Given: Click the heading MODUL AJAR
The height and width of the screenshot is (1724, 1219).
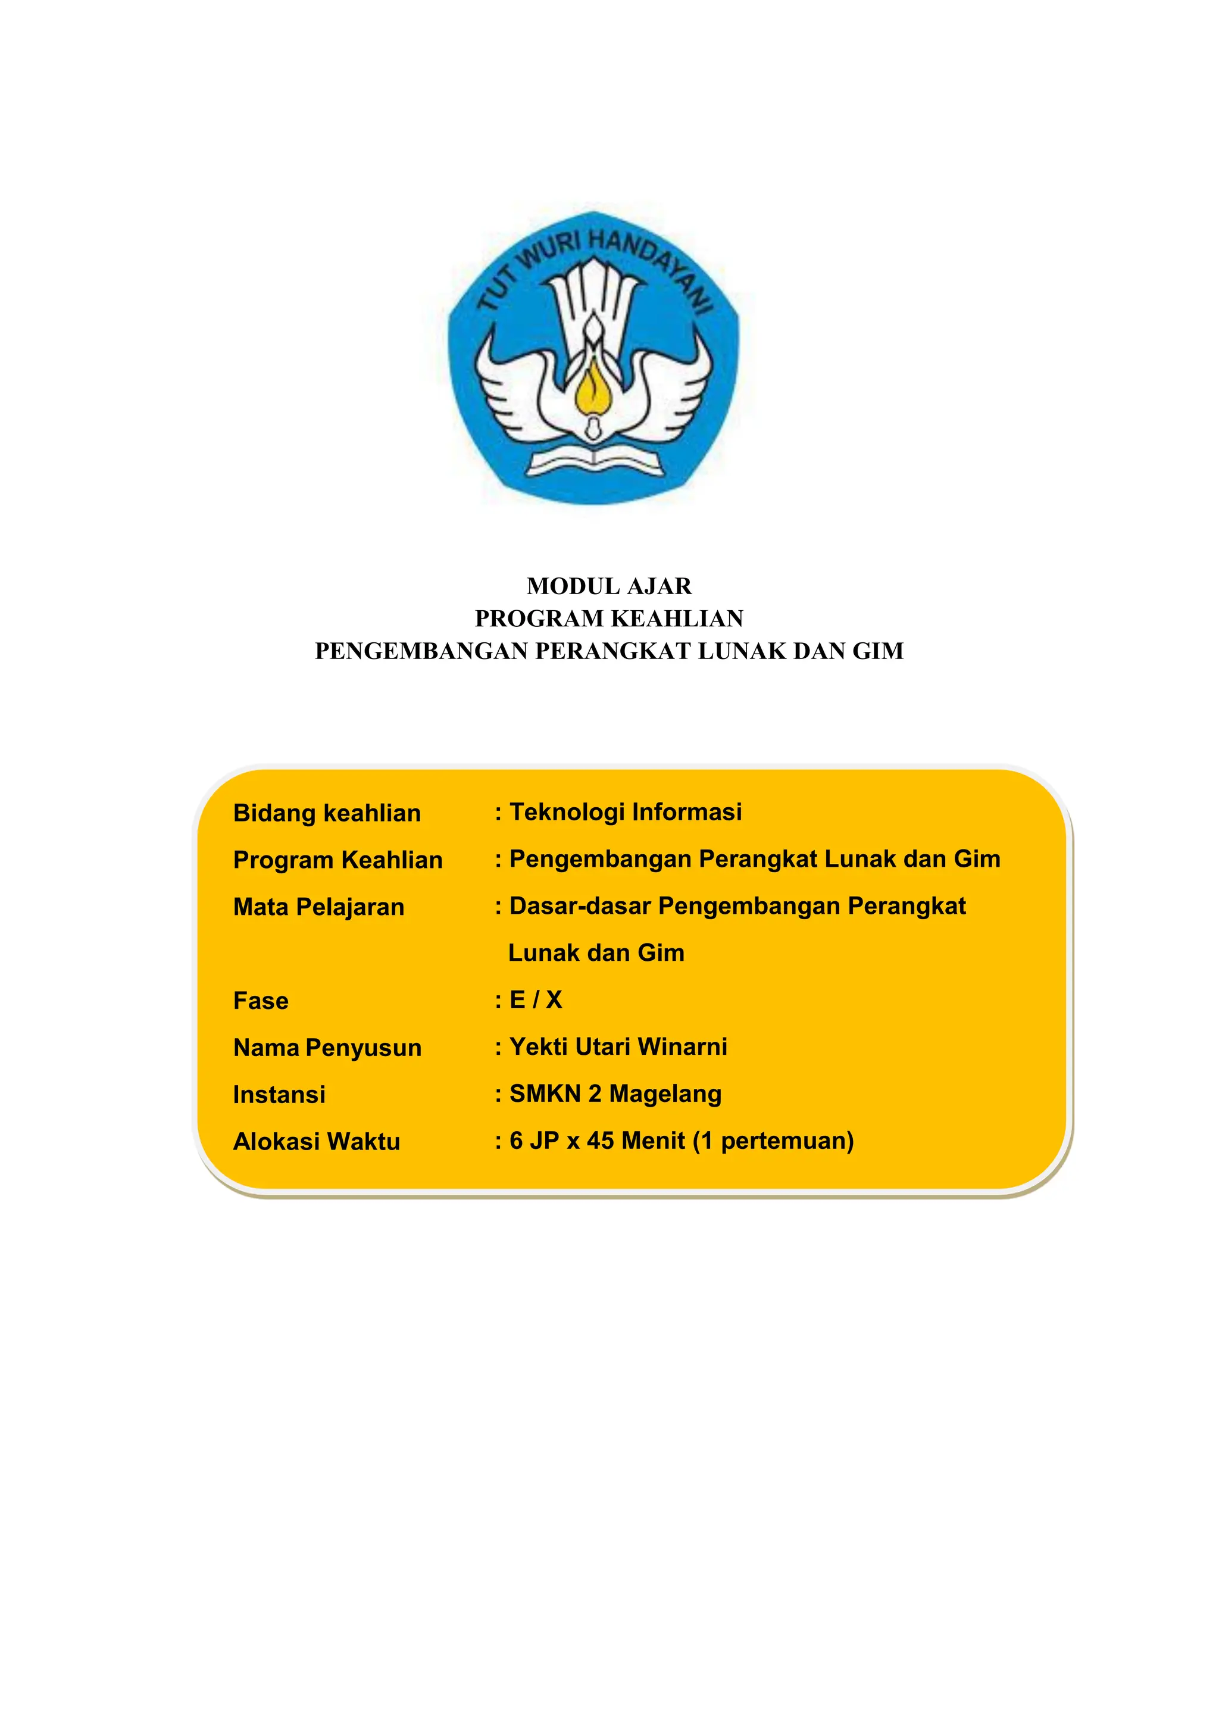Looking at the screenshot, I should pyautogui.click(x=609, y=586).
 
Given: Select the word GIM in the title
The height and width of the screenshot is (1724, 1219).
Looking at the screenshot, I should pyautogui.click(x=877, y=651).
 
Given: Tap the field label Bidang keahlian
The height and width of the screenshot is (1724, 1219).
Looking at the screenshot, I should pyautogui.click(x=327, y=813).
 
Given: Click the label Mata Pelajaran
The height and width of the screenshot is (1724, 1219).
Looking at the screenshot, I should pyautogui.click(x=318, y=907).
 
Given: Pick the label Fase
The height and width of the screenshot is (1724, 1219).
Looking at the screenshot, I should pyautogui.click(x=261, y=1001).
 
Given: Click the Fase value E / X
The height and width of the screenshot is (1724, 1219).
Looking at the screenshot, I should pyautogui.click(x=535, y=1000).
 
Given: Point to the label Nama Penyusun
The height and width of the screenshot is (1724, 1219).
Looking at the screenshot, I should pyautogui.click(x=327, y=1048).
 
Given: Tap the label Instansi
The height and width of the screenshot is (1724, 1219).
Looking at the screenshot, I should pyautogui.click(x=279, y=1095).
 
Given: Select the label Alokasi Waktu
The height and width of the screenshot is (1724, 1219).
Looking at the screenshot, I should pyautogui.click(x=316, y=1141).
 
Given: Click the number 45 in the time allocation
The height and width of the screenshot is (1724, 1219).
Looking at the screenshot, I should pyautogui.click(x=601, y=1141).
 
